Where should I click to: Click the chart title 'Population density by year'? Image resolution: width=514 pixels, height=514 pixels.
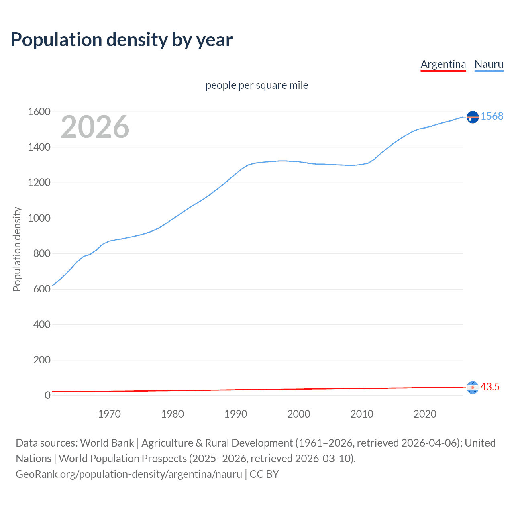(x=122, y=40)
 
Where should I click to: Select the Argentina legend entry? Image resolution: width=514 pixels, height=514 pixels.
(x=443, y=64)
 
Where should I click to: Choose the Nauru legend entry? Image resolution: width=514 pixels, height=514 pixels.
(x=489, y=64)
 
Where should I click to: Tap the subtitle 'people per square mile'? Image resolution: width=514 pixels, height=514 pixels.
(x=257, y=86)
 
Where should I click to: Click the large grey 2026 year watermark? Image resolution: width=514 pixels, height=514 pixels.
(x=95, y=127)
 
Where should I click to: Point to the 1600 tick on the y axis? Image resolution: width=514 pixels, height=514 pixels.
(x=39, y=112)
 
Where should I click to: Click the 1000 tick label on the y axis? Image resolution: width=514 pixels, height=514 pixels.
(x=39, y=218)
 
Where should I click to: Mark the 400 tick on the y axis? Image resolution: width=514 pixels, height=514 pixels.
(x=42, y=324)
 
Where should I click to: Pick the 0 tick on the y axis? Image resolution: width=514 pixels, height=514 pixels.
(x=47, y=395)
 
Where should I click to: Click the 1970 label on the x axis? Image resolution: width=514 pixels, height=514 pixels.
(x=109, y=414)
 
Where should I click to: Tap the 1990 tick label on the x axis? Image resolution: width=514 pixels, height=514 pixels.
(x=236, y=414)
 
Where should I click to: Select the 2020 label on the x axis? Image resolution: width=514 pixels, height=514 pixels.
(x=425, y=414)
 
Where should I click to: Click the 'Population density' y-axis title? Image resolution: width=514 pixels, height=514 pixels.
(x=17, y=249)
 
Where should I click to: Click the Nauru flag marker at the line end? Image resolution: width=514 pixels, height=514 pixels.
(x=473, y=117)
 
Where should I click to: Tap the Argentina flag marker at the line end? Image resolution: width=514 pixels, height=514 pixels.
(x=473, y=388)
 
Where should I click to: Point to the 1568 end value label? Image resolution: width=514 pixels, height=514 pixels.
(x=492, y=116)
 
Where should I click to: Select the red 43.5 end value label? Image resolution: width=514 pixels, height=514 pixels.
(x=490, y=387)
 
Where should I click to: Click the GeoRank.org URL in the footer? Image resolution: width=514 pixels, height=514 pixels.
(x=129, y=474)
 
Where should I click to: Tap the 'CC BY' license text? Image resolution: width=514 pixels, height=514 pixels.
(x=264, y=474)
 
